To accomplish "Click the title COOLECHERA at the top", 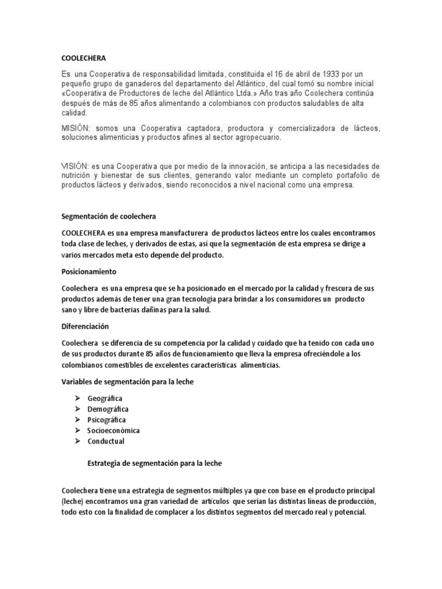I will click(x=83, y=58).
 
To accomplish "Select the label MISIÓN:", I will click(x=77, y=127).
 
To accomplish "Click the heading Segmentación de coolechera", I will click(x=109, y=216).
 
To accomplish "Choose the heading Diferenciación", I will click(x=85, y=326).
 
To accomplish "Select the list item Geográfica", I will click(x=105, y=398).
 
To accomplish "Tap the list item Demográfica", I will click(x=108, y=409).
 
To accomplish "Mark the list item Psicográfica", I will click(x=106, y=420).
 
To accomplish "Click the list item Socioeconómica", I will click(x=113, y=430).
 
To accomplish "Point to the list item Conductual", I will click(x=105, y=441).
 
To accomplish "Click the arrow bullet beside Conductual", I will click(x=77, y=441).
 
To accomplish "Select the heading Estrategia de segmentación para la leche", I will click(x=154, y=462).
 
